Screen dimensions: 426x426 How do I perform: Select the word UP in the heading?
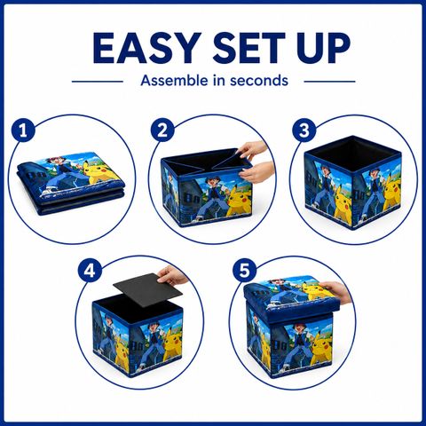pyautogui.click(x=323, y=48)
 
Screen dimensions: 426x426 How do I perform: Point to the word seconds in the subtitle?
pyautogui.click(x=259, y=81)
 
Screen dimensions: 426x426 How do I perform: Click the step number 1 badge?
pyautogui.click(x=23, y=130)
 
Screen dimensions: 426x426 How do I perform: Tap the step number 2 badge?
pyautogui.click(x=162, y=130)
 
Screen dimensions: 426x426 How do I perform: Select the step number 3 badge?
pyautogui.click(x=304, y=130)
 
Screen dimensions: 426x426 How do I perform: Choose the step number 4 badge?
pyautogui.click(x=90, y=271)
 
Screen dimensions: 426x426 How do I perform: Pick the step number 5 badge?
pyautogui.click(x=244, y=271)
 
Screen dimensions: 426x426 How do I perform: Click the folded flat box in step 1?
pyautogui.click(x=71, y=185)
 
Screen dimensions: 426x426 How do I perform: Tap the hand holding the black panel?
pyautogui.click(x=171, y=275)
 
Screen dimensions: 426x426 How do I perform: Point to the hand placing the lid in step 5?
pyautogui.click(x=335, y=292)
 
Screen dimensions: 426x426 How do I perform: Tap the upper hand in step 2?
pyautogui.click(x=254, y=150)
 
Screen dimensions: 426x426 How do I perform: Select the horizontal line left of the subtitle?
pyautogui.click(x=98, y=82)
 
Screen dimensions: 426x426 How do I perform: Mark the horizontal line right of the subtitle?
pyautogui.click(x=329, y=82)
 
